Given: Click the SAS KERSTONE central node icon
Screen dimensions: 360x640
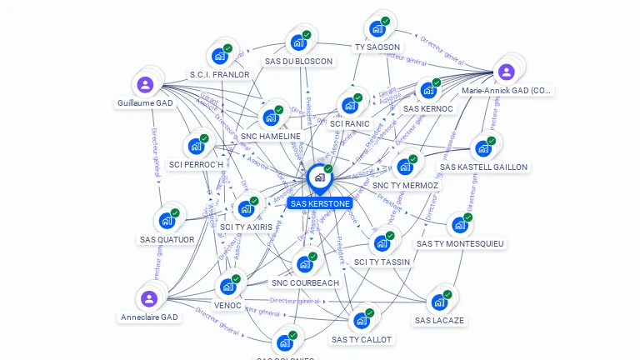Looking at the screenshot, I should [319, 177].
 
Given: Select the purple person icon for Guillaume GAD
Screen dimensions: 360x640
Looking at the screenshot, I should [145, 84].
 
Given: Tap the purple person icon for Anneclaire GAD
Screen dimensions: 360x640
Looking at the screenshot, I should [148, 298].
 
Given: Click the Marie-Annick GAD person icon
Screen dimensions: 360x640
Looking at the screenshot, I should [506, 72].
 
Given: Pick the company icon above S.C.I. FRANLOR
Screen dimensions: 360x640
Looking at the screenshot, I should [220, 56].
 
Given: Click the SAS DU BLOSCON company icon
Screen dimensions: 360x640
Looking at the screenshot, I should [297, 42].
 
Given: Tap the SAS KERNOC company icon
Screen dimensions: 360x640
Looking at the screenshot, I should [427, 90].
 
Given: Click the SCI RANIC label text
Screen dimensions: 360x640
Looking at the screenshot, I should [349, 123].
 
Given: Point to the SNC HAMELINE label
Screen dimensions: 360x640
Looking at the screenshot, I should [271, 136].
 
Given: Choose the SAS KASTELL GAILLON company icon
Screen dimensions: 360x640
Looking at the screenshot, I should [482, 149].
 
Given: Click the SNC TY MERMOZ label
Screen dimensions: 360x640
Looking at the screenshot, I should [406, 185].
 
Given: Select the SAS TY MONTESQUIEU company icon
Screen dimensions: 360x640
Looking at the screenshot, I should [459, 225].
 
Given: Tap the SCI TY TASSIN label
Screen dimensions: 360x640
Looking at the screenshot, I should [382, 262].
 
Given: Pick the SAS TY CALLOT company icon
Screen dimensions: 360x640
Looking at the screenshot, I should [361, 321].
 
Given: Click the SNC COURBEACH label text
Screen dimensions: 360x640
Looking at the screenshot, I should [305, 282].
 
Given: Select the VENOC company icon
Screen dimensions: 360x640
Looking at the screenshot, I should [227, 287].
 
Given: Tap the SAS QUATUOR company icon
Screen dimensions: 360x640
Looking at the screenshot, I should [167, 221].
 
